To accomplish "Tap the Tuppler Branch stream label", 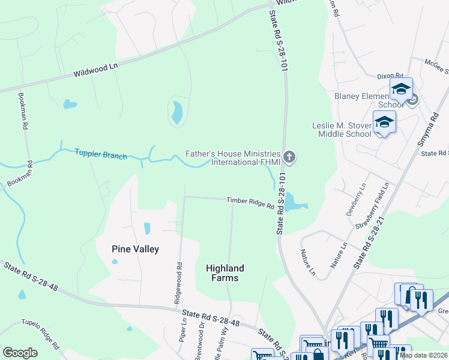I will (x=101, y=154).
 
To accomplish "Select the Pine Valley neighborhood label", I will (x=135, y=249).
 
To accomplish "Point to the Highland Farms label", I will (x=225, y=273).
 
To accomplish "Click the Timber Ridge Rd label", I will (x=250, y=203).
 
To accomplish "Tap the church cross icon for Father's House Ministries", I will (x=289, y=158).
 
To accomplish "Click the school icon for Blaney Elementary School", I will (x=400, y=90).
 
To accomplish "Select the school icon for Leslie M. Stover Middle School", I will (x=384, y=123).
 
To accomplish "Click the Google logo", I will (x=20, y=353).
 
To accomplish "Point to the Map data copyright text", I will (x=424, y=355).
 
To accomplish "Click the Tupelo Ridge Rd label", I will (x=41, y=334).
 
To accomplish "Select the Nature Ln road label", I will (x=307, y=262).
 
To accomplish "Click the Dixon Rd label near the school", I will (x=390, y=76).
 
